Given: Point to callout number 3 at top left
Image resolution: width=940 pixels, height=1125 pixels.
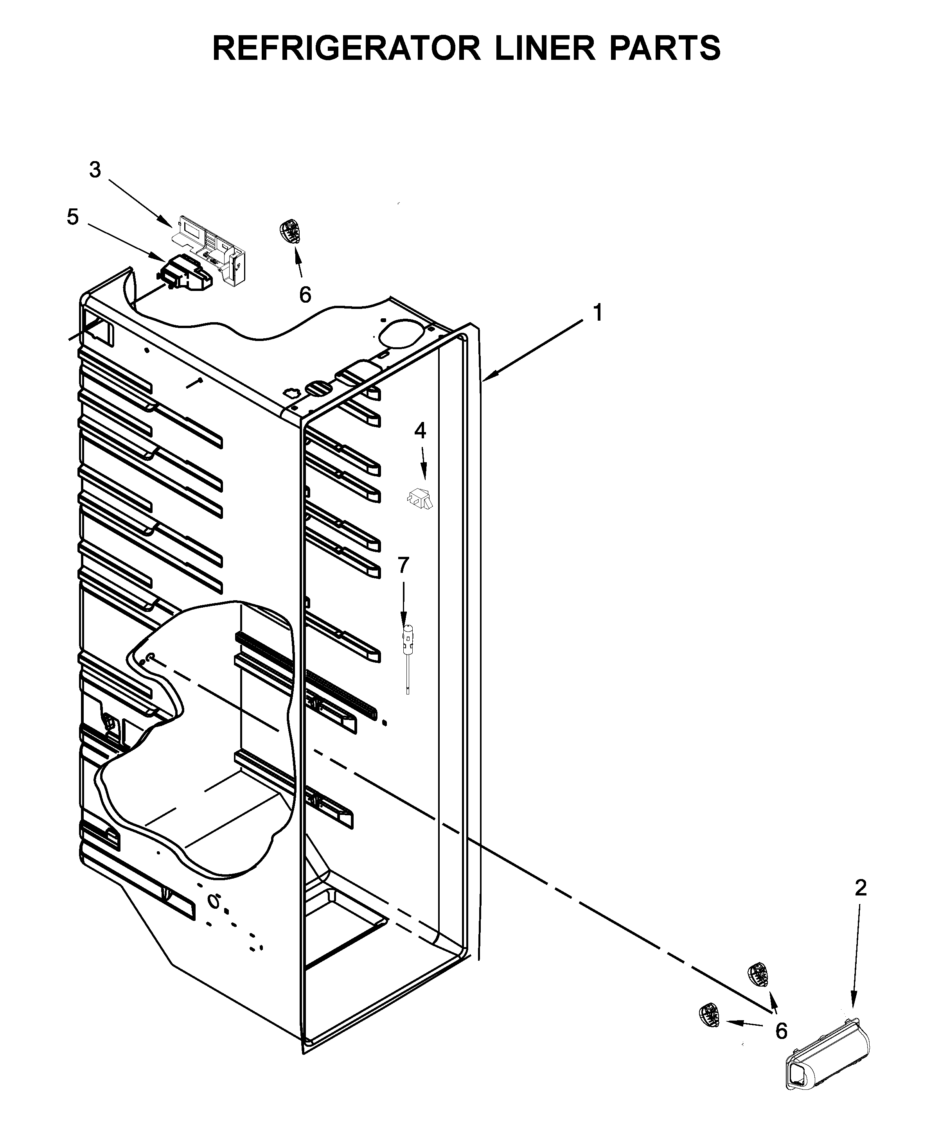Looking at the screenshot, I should tap(95, 170).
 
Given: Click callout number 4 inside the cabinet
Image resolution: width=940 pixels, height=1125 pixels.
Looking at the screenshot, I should tap(420, 431).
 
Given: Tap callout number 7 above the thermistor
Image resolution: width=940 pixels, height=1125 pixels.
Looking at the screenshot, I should tap(403, 565).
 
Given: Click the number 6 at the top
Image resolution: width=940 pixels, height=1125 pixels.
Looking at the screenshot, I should tap(305, 295).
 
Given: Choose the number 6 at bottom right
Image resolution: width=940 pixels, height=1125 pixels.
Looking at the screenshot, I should tap(781, 1031).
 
